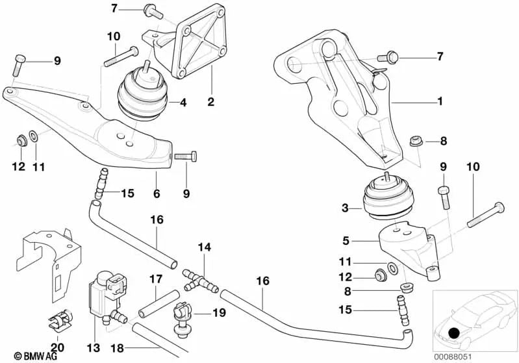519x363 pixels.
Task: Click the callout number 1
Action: (440, 101)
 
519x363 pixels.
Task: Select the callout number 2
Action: (211, 102)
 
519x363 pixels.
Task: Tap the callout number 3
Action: (344, 208)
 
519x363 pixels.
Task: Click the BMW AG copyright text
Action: (23, 356)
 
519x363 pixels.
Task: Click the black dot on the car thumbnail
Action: (453, 334)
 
